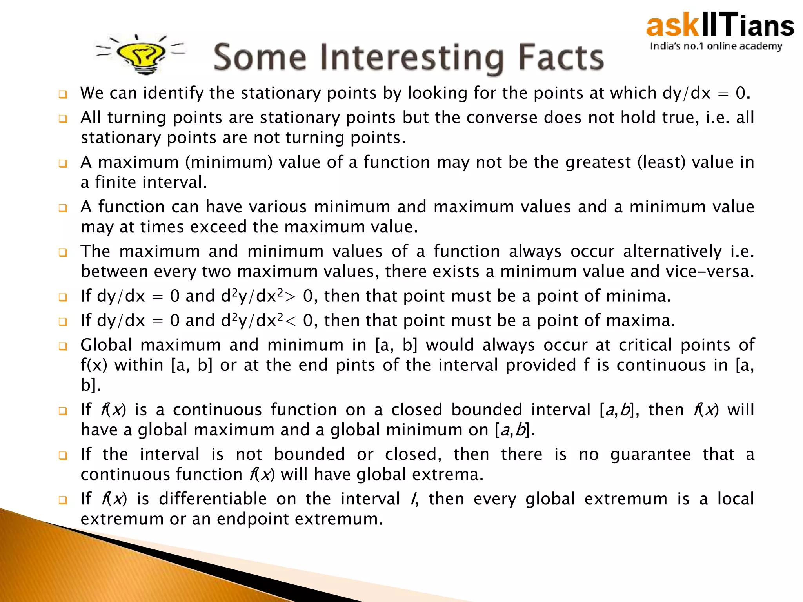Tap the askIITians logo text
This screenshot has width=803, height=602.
point(720,25)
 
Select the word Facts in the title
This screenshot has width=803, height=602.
point(561,58)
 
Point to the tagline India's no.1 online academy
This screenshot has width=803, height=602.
point(716,46)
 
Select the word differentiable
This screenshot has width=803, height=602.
point(213,499)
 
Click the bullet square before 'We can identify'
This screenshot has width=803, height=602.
point(63,94)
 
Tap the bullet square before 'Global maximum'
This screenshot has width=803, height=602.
point(63,346)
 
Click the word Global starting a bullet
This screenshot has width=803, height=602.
point(106,345)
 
